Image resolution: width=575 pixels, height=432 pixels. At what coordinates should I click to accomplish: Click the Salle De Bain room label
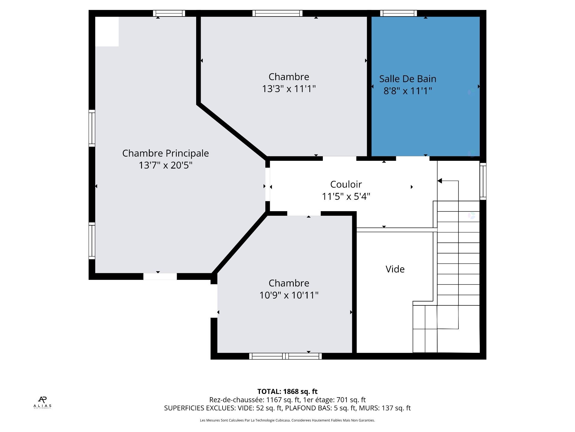(x=408, y=79)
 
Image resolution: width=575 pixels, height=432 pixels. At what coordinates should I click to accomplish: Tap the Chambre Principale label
(x=165, y=153)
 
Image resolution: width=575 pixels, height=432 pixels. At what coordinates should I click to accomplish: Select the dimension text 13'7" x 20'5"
(x=165, y=165)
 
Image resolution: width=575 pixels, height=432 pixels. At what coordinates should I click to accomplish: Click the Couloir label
(x=346, y=184)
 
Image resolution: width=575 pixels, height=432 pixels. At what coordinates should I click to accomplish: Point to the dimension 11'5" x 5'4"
(x=346, y=196)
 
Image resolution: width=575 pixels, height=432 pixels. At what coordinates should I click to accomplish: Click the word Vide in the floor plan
(x=395, y=269)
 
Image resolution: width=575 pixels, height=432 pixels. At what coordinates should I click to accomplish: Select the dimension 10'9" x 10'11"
(x=289, y=295)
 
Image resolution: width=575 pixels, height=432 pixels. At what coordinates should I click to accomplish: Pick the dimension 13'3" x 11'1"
(x=289, y=89)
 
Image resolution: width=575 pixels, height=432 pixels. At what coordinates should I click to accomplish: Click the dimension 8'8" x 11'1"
(x=408, y=91)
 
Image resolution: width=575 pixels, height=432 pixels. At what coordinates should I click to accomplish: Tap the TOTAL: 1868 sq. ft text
(x=287, y=391)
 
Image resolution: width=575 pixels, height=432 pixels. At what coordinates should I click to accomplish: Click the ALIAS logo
(x=42, y=402)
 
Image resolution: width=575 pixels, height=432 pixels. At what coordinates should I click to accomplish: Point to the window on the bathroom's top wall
(x=398, y=13)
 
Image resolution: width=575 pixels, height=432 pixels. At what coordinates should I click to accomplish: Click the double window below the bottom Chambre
(x=285, y=356)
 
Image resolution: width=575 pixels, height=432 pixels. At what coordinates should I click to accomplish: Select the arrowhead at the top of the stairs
(x=440, y=181)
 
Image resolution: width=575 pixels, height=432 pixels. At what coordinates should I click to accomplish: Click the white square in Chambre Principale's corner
(x=107, y=31)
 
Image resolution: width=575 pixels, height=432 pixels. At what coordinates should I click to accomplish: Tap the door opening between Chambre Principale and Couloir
(x=267, y=184)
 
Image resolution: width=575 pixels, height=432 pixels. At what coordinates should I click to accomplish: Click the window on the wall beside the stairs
(x=483, y=181)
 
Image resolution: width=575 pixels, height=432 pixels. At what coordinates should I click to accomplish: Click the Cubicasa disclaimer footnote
(x=287, y=420)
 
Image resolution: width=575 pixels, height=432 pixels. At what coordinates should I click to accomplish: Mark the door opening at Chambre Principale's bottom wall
(x=160, y=276)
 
